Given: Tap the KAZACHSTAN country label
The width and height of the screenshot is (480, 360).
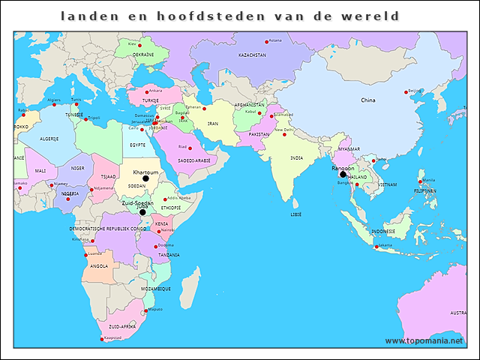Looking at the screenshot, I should tap(252, 55).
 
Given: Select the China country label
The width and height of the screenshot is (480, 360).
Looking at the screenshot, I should tap(367, 100).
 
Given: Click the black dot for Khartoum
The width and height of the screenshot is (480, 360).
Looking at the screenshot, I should tap(146, 178).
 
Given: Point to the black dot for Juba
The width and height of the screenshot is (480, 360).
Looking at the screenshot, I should tap(142, 212).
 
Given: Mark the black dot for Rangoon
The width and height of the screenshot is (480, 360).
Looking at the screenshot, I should tap(343, 175).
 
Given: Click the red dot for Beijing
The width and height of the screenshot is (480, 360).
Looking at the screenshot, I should tap(407, 92).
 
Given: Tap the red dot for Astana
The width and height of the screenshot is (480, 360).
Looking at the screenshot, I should tap(266, 41).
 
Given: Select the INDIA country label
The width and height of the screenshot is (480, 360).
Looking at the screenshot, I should tap(297, 158).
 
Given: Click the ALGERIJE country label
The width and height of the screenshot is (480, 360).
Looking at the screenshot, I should tap(49, 139).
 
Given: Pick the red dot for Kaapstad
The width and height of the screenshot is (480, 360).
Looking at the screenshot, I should tap(101, 339).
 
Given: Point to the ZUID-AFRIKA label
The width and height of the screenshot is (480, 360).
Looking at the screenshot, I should tap(121, 327).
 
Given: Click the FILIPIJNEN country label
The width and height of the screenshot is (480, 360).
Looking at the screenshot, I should tap(425, 191).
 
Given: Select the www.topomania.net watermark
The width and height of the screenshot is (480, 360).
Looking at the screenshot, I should tap(424, 340).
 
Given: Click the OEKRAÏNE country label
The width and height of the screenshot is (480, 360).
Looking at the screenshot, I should tap(144, 55).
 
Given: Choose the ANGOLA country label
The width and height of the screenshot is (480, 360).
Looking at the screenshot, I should tap(98, 265).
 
